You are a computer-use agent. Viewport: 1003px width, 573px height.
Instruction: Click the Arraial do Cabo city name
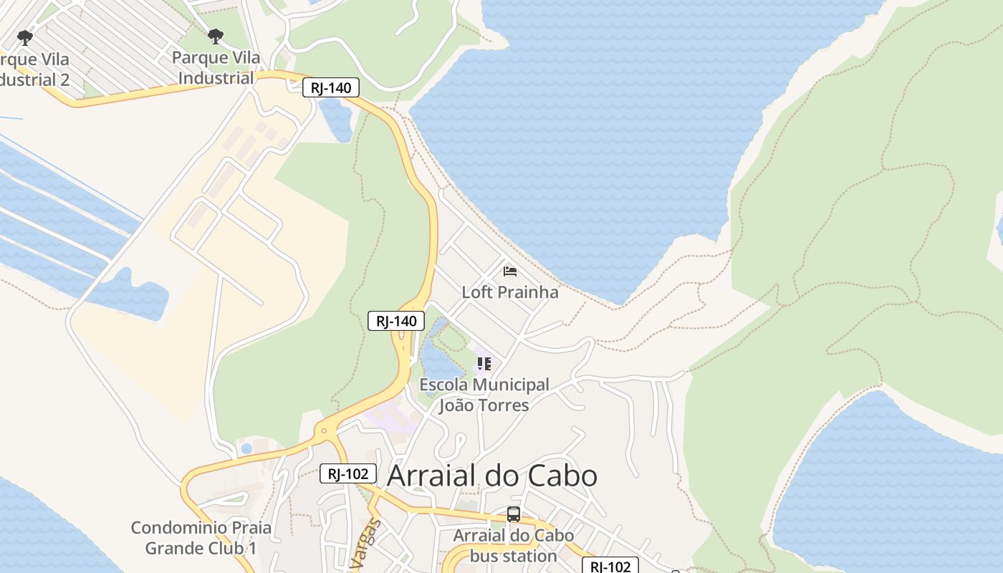tap(491, 476)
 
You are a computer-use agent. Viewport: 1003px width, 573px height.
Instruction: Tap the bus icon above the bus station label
tap(514, 514)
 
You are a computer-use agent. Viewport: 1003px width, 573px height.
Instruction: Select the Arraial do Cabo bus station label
tap(513, 546)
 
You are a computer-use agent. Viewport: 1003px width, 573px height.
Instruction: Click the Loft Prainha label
tap(509, 292)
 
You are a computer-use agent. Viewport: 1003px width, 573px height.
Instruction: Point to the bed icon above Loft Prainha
tap(510, 271)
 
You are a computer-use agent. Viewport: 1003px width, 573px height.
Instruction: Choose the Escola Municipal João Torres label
tap(484, 395)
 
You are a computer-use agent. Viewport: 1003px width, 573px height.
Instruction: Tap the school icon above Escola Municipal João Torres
tap(484, 364)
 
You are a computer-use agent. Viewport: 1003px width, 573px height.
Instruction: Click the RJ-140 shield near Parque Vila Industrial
tap(330, 88)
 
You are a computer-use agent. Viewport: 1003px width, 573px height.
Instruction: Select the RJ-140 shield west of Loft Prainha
tap(396, 321)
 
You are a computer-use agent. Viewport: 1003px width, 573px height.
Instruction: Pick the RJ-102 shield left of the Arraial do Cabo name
tap(347, 473)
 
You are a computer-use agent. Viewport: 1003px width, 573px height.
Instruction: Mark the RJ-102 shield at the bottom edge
tap(610, 566)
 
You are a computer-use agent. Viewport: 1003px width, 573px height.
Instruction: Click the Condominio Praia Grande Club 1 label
tap(201, 538)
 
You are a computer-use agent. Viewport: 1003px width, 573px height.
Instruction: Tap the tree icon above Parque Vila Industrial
tap(215, 36)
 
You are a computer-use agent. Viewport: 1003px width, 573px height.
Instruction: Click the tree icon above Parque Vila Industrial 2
tap(25, 37)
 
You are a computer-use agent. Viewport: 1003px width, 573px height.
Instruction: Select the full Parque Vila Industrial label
tap(216, 68)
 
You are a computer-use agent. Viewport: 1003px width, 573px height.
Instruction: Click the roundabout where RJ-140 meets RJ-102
tap(325, 432)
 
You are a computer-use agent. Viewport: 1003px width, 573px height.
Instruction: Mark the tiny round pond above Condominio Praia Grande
tap(246, 449)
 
